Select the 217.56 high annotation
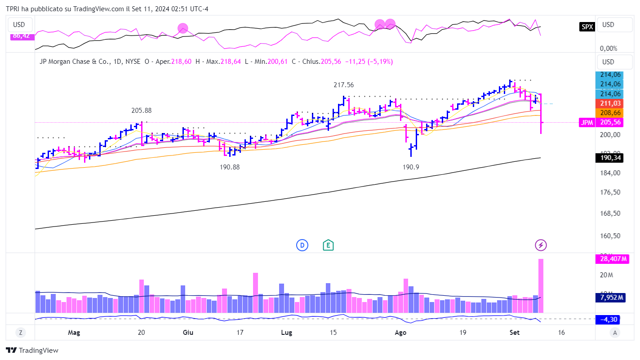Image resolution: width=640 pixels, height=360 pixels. click(343, 84)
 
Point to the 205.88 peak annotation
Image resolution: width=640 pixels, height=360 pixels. click(142, 111)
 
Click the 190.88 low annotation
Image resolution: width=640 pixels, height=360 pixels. click(230, 167)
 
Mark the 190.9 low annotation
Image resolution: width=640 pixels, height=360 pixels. click(411, 167)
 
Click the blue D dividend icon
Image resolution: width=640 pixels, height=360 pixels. click(302, 245)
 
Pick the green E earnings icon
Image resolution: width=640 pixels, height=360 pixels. click(329, 245)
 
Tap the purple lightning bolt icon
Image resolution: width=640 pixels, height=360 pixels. click(541, 245)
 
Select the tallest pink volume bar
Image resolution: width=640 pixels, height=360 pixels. click(541, 285)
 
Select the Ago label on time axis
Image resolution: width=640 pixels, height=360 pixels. click(400, 333)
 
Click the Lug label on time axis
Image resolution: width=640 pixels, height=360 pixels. click(286, 333)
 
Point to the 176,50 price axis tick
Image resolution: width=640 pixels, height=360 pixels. click(611, 192)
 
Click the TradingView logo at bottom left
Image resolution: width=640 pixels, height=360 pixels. click(32, 350)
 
